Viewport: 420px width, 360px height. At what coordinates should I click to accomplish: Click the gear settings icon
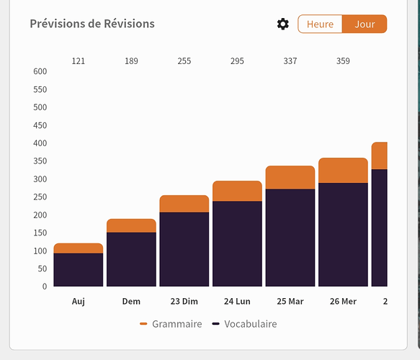283,24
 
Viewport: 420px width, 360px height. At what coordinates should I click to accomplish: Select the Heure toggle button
320,24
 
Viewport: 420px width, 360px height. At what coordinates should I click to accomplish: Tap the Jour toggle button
365,24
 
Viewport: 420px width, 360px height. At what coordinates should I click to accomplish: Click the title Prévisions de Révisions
92,24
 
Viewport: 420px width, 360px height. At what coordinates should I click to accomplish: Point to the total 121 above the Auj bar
79,61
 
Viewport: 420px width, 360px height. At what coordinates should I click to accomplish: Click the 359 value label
343,61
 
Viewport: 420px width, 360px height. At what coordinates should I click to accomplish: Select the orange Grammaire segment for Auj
79,248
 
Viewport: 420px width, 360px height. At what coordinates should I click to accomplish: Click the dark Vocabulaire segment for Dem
131,259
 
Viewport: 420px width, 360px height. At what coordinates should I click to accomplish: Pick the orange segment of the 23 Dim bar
184,204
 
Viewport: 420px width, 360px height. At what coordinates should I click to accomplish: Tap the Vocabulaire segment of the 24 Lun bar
237,244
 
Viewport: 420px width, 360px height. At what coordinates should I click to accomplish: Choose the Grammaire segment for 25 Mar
290,177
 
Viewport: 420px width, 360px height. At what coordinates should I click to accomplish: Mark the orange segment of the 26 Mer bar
343,171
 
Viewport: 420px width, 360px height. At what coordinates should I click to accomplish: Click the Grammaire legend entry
171,324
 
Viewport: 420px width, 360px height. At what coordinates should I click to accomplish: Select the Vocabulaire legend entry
244,324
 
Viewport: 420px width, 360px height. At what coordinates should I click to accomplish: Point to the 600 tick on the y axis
40,71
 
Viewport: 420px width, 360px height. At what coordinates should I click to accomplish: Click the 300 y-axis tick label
40,179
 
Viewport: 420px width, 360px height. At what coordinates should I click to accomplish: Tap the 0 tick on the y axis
45,287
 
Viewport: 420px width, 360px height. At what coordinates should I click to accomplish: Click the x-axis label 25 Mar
290,302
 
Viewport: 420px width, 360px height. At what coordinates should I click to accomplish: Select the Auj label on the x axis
79,302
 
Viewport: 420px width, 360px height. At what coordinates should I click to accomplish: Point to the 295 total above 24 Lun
237,61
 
